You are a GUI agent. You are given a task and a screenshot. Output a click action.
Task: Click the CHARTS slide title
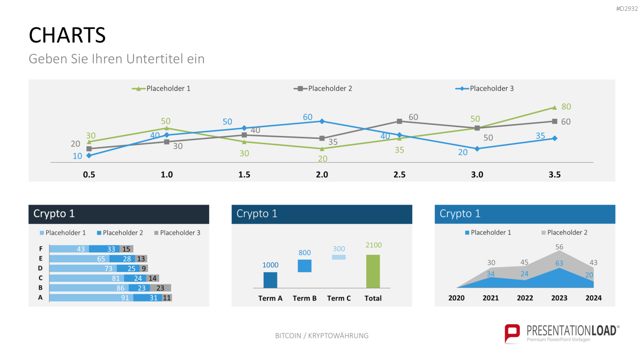tap(67, 35)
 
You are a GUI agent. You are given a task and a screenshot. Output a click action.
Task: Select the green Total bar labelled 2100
tap(373, 271)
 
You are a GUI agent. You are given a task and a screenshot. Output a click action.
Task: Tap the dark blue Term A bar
tap(270, 280)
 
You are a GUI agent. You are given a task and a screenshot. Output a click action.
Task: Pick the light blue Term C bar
tap(339, 257)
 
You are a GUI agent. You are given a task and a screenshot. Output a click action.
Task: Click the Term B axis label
tap(304, 298)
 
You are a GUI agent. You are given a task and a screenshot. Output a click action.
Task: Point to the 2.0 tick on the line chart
tap(322, 175)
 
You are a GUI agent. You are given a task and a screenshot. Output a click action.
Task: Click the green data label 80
tap(566, 107)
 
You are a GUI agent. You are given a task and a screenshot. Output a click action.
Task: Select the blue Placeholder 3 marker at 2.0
tap(322, 121)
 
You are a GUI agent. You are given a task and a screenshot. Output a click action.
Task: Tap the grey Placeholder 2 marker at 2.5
tap(399, 121)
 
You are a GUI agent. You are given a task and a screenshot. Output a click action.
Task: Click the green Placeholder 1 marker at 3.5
tap(555, 108)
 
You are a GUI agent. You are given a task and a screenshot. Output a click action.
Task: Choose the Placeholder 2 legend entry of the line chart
tap(323, 88)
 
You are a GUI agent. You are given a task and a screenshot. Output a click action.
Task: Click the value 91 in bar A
tap(125, 298)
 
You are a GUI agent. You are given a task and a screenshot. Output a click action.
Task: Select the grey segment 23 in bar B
tap(161, 288)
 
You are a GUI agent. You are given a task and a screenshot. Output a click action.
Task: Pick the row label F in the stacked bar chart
tap(40, 248)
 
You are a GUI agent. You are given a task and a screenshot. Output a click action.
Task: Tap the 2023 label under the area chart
tap(559, 298)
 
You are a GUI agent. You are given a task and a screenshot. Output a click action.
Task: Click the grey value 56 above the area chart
tap(559, 247)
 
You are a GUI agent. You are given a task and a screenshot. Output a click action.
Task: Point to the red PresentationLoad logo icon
tap(512, 333)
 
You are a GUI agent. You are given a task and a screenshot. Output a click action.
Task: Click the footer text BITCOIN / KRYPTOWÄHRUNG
tap(322, 335)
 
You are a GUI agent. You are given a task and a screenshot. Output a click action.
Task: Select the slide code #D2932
tap(627, 9)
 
